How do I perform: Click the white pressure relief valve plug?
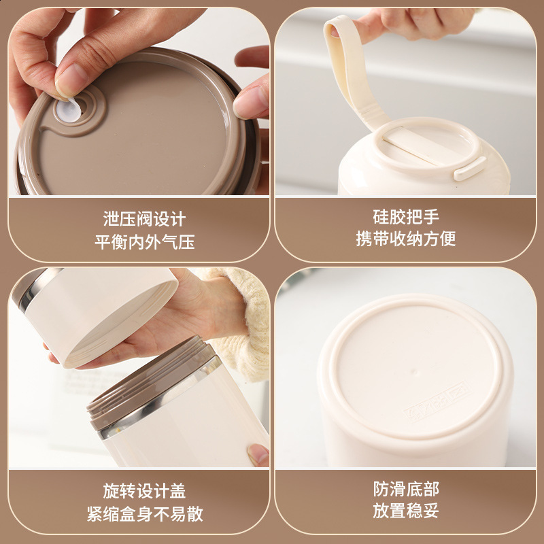click(x=69, y=110)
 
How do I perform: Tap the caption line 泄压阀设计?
click(x=144, y=219)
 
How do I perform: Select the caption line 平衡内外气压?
click(x=144, y=242)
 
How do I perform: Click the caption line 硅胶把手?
click(x=406, y=217)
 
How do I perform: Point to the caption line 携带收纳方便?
click(x=406, y=239)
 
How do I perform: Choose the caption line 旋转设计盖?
click(x=144, y=491)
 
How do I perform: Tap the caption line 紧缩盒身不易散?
click(x=145, y=514)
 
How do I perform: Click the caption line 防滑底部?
click(x=406, y=489)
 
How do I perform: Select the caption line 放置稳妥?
click(x=406, y=511)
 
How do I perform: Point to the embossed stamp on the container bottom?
click(x=437, y=401)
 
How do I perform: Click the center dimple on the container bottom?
click(x=413, y=372)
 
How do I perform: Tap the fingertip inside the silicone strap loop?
click(x=335, y=32)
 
